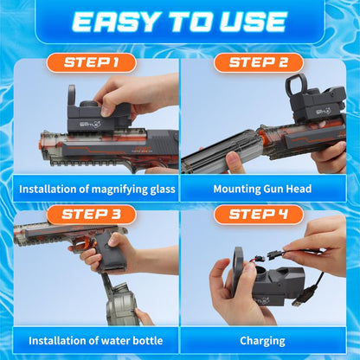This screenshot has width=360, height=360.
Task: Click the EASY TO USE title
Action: tap(179, 22)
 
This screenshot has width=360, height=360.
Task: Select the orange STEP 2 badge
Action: tap(258, 62)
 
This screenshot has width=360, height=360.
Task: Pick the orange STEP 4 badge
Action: tap(258, 215)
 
